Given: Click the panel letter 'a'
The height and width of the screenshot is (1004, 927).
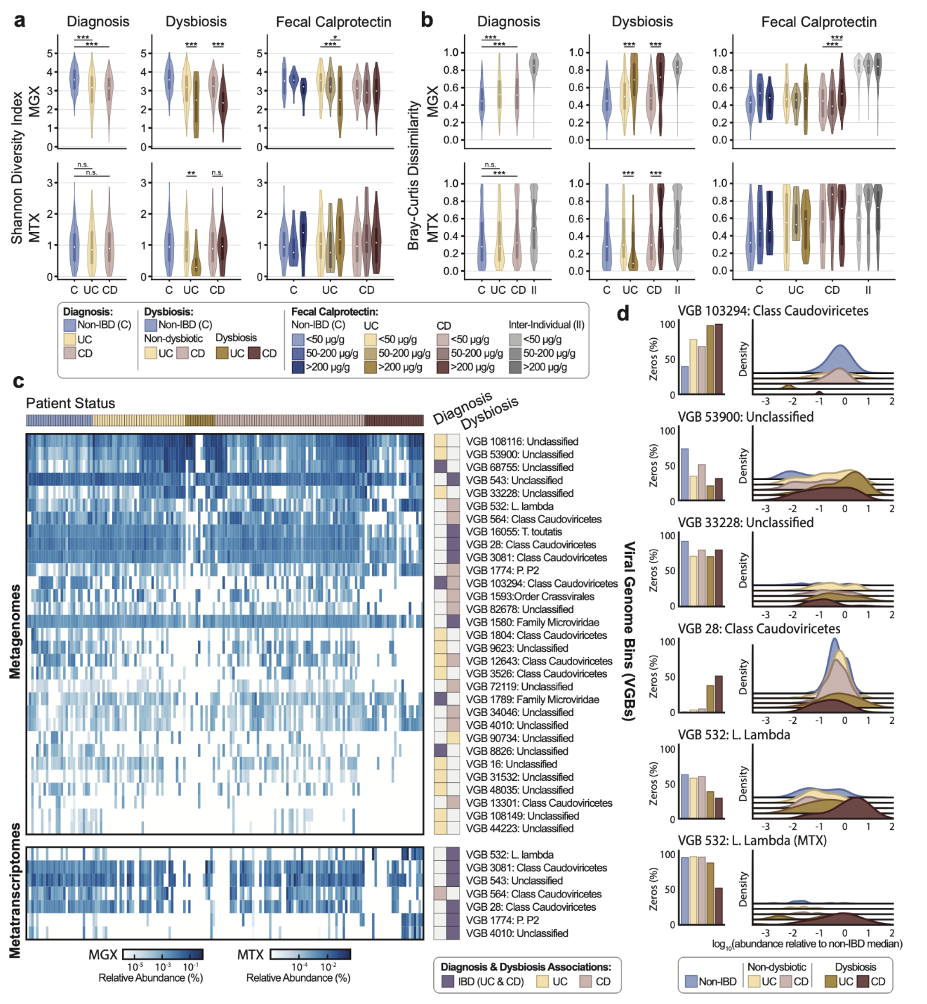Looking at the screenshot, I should [x=20, y=21].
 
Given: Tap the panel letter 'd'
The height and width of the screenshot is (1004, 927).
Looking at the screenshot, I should [x=622, y=314].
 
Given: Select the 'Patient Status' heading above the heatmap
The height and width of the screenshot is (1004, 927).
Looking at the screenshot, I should [x=70, y=404].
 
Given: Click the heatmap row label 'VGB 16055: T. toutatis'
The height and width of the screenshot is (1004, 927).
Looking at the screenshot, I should [x=514, y=532].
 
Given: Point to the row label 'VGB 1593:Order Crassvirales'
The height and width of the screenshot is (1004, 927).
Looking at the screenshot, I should [x=530, y=596].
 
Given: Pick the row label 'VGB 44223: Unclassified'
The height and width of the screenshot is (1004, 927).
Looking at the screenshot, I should [x=519, y=829].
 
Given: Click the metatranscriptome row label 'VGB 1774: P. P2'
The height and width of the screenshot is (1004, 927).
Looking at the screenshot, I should [x=502, y=920].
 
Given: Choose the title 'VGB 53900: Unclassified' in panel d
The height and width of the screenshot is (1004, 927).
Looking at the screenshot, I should [x=745, y=417].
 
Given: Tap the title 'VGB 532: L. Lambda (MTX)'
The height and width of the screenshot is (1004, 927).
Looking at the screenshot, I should [x=751, y=840].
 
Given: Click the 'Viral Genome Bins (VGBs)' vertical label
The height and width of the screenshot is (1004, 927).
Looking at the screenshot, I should [x=629, y=631].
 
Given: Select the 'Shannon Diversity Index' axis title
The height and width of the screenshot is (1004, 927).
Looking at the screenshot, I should [x=17, y=167].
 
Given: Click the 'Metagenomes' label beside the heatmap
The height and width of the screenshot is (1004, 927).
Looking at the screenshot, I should [x=15, y=631].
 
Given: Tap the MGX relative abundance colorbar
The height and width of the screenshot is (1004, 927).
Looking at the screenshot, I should [x=163, y=955].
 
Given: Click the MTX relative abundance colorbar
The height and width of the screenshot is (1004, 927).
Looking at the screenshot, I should [x=310, y=955].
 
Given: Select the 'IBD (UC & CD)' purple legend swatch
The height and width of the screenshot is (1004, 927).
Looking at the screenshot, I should [x=448, y=982].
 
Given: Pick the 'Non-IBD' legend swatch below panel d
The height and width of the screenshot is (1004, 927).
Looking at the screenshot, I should [x=691, y=982].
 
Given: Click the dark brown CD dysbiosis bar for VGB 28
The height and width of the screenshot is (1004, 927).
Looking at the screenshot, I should [x=719, y=694].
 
